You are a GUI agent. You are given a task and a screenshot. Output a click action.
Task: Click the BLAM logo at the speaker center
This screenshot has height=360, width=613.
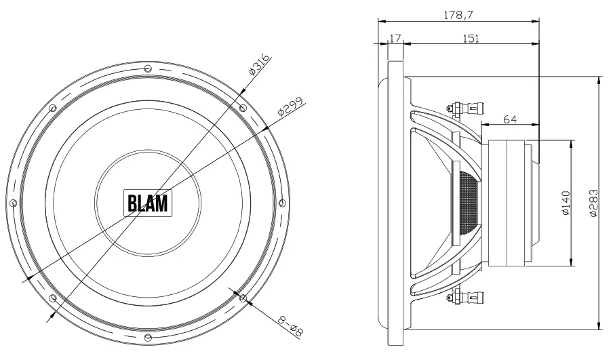pos(147,203)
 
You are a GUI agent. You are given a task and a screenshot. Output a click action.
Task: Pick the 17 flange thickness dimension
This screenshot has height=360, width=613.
pos(395,39)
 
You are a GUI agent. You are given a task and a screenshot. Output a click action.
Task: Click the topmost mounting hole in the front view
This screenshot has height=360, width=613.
pos(148,68)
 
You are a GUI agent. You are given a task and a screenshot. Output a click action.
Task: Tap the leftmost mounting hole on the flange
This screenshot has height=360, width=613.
pos(13,203)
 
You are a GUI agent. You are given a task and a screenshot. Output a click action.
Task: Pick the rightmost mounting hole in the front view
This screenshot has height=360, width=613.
pos(283,203)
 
